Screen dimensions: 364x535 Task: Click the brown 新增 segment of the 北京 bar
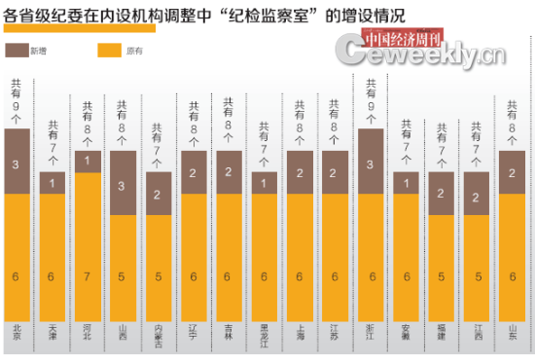[x=18, y=162]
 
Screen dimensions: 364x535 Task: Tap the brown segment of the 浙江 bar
[x=371, y=162]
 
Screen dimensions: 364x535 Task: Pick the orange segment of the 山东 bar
[x=512, y=257]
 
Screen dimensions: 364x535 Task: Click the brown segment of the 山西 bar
[x=123, y=183]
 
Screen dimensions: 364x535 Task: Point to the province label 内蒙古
[x=158, y=334]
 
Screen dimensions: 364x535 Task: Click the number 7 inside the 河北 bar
[x=88, y=276]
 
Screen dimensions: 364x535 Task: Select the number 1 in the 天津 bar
[x=53, y=183]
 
